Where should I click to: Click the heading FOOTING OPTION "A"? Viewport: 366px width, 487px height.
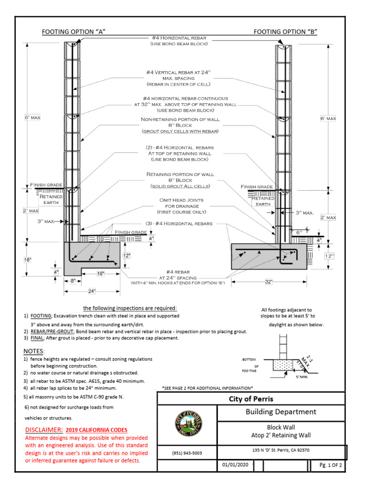(73, 32)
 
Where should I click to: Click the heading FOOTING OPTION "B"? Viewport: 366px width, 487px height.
(285, 32)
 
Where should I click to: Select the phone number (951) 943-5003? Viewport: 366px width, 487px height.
(187, 453)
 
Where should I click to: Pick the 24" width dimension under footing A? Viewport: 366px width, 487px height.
(91, 291)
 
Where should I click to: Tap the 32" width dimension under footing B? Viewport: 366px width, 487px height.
(268, 282)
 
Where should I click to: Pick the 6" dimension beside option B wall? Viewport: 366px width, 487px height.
(299, 233)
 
